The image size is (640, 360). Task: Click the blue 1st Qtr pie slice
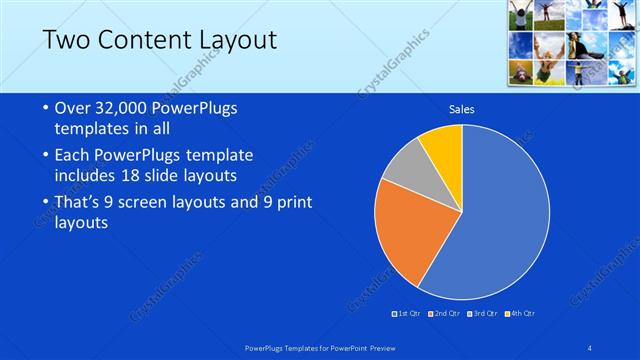500,220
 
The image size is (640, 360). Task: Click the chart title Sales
461,109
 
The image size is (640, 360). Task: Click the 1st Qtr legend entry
406,313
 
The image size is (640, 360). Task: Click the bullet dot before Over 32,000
47,109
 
